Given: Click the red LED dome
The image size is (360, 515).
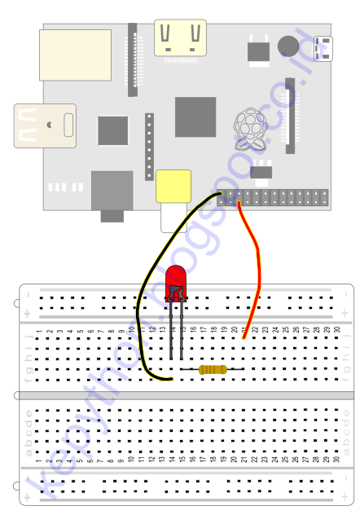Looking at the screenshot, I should (175, 281).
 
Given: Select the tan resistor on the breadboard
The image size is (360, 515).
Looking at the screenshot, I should (213, 370).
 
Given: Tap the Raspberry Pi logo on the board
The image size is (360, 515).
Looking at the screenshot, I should (249, 130).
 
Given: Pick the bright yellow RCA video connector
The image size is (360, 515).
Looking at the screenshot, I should (173, 186).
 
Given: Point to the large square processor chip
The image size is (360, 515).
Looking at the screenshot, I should (195, 117).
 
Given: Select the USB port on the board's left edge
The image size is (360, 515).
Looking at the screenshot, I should (45, 125).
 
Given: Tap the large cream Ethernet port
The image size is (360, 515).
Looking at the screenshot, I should (75, 55).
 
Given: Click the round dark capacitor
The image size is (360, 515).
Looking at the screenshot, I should (288, 45).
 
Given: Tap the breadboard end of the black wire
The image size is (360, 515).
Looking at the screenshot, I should (172, 380).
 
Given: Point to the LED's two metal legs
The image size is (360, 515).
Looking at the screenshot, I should (177, 330).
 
